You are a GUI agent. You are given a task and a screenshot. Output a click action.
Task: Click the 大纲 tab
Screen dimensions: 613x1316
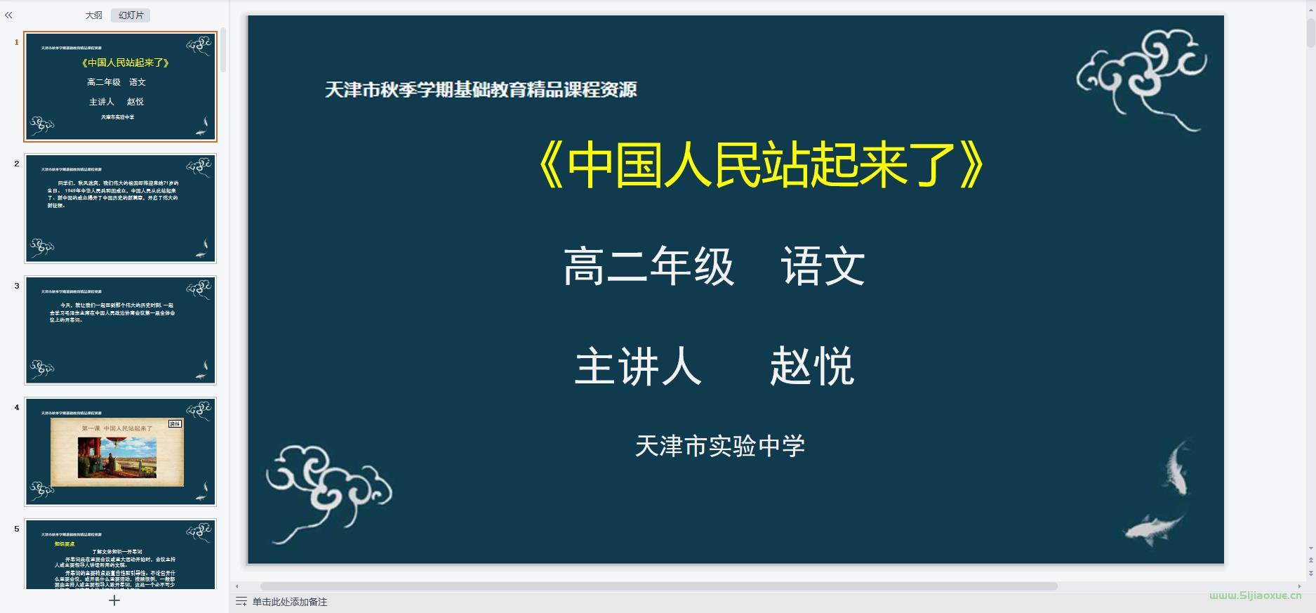[x=93, y=15]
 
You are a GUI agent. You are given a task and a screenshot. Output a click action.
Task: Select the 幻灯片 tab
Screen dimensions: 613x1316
[x=131, y=15]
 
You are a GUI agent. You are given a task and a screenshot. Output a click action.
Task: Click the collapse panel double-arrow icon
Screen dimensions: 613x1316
[x=8, y=15]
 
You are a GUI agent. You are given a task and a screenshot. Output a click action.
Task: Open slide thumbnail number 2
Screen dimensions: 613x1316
[x=121, y=208]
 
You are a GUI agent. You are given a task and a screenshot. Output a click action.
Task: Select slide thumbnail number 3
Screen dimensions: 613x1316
[x=121, y=330]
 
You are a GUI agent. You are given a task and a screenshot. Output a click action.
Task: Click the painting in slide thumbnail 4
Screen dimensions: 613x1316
[x=117, y=457]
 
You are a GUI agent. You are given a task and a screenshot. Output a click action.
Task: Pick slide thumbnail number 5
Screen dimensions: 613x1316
[x=121, y=554]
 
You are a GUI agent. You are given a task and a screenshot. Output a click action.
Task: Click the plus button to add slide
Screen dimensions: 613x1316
[x=114, y=600]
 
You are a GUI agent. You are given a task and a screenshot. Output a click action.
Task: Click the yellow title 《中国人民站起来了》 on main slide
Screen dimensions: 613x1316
[x=761, y=166]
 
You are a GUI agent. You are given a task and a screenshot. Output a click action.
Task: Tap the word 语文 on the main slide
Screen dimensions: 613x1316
[x=823, y=267]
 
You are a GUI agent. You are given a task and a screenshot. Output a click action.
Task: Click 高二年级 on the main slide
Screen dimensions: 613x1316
[x=649, y=267]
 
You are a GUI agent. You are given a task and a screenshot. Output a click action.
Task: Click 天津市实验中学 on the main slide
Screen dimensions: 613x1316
[x=719, y=446]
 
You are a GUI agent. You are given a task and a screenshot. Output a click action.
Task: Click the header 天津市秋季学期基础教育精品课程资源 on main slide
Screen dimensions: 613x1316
[x=481, y=90]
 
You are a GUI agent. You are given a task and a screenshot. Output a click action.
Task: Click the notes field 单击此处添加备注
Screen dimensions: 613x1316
[x=289, y=602]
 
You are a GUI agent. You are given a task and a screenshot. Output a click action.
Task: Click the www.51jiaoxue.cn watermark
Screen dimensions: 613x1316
[x=1255, y=595]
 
